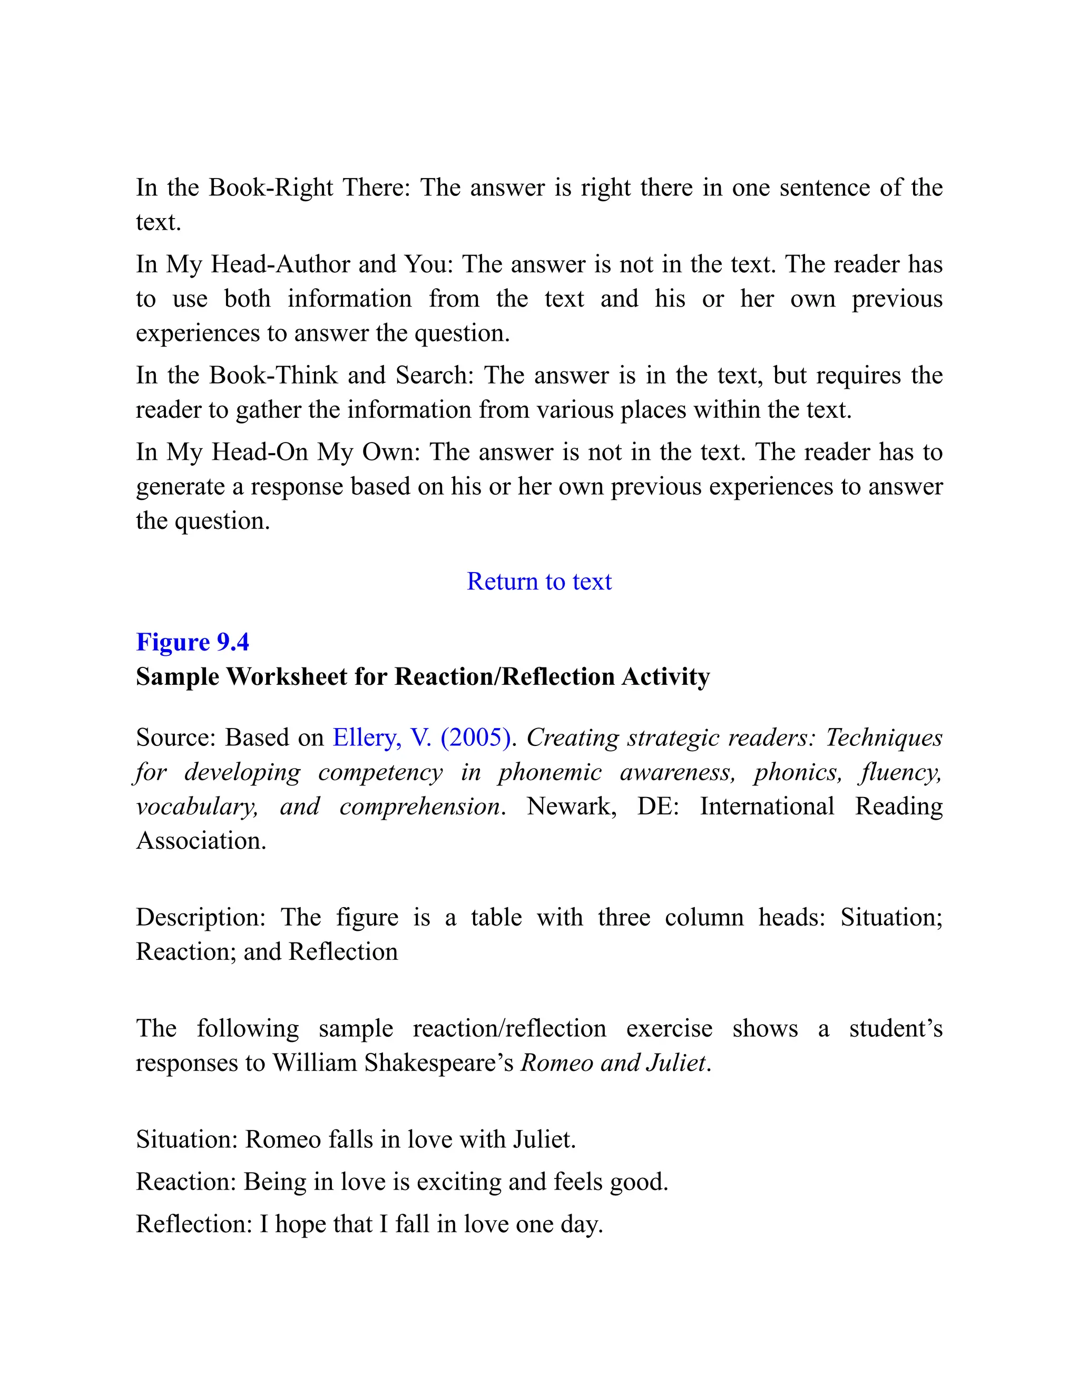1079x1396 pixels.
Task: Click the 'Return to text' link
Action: [539, 582]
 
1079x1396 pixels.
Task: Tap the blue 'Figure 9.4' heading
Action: [192, 642]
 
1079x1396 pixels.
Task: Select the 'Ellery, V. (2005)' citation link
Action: [422, 738]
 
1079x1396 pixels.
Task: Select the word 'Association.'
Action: [201, 841]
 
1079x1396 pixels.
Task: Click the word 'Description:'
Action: [201, 918]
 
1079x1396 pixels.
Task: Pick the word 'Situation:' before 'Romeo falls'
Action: [187, 1139]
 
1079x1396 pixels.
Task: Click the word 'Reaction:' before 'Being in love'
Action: [186, 1182]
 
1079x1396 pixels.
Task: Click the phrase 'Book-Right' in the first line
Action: [271, 188]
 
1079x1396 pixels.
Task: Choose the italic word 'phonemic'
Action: [550, 772]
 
